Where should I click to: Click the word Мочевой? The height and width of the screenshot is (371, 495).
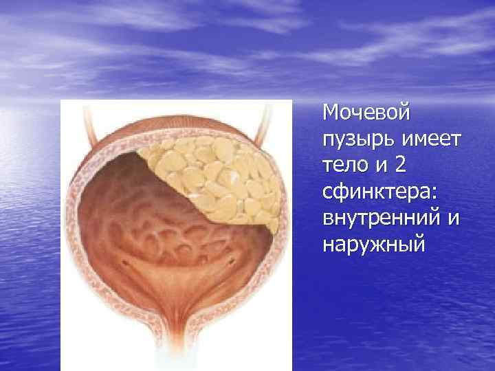click(366, 111)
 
